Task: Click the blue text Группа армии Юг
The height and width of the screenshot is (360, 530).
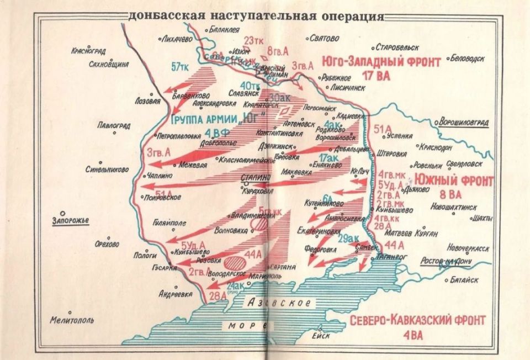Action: click(219, 119)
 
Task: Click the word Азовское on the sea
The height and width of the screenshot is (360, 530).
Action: click(279, 303)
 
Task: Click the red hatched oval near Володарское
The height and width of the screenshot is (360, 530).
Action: click(236, 260)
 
